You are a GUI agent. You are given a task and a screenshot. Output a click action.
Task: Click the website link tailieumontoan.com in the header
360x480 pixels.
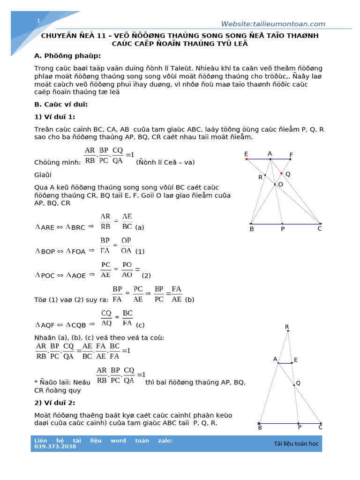[273, 24]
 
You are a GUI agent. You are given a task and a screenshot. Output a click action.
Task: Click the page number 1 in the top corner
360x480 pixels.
[38, 21]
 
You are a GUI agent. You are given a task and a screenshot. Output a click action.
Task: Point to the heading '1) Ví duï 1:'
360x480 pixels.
[54, 117]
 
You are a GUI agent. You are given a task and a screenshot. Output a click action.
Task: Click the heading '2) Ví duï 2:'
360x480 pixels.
[54, 403]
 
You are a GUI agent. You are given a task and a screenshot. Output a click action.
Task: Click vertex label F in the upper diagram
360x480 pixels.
[291, 155]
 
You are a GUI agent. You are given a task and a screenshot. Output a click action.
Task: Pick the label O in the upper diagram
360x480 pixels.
[280, 185]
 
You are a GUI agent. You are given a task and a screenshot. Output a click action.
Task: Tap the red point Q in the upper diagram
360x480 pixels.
[282, 173]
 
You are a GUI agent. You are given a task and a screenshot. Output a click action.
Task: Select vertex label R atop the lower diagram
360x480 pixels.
[287, 327]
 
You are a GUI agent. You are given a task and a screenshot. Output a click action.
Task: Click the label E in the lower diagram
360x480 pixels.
[296, 360]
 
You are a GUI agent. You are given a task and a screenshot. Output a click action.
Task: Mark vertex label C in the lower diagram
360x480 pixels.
[320, 427]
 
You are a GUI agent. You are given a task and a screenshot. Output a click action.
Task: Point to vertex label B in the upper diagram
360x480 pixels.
[252, 229]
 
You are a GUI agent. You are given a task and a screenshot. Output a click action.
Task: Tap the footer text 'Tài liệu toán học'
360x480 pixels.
[296, 443]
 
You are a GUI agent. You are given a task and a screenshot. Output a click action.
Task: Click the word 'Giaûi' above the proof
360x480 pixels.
[43, 175]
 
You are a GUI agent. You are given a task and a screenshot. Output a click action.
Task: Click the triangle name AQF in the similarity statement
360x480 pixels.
[48, 324]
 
